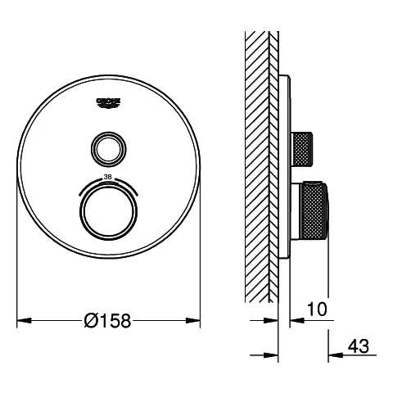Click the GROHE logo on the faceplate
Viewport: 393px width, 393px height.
coord(108,101)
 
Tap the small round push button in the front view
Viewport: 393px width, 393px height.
coord(108,147)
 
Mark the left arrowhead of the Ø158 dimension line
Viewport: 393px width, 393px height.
coord(23,320)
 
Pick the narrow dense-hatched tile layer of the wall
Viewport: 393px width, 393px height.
coord(275,164)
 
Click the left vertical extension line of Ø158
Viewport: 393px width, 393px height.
coord(17,262)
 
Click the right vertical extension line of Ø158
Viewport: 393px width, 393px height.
coord(200,262)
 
